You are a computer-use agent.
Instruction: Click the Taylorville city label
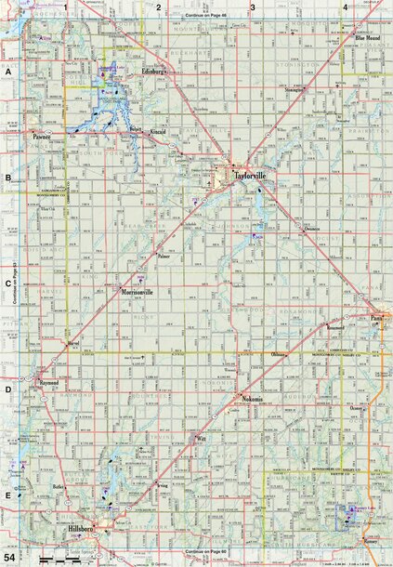pos(251,173)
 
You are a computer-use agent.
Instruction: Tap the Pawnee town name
pos(42,137)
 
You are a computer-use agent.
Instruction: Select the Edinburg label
pos(152,71)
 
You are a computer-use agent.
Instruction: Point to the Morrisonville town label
pos(138,291)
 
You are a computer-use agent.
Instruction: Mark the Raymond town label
pos(49,382)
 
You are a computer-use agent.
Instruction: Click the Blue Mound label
pos(369,38)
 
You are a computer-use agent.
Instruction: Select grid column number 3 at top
pos(252,7)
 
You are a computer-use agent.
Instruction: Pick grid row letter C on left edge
pos(7,285)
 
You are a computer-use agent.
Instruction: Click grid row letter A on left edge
pos(7,71)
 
